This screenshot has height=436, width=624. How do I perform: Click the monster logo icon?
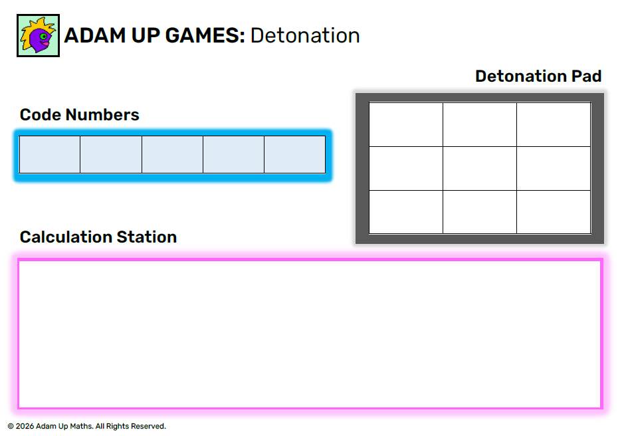click(38, 36)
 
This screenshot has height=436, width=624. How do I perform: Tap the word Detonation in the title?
click(305, 36)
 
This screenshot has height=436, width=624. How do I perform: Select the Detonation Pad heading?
click(538, 76)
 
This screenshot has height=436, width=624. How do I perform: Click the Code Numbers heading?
click(79, 115)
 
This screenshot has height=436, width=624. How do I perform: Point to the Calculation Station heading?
click(98, 237)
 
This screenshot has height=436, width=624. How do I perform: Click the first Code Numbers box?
click(50, 154)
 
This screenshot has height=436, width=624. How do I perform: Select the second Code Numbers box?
click(111, 154)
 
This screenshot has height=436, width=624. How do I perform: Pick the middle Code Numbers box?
click(172, 154)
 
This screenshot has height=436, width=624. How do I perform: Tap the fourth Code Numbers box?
click(233, 154)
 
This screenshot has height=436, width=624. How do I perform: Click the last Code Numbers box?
click(294, 154)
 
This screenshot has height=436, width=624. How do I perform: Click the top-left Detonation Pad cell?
click(406, 124)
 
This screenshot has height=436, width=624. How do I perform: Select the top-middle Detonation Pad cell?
click(480, 124)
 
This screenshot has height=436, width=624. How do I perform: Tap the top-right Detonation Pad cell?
click(554, 124)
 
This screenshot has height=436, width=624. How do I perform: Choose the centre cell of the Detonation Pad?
click(480, 168)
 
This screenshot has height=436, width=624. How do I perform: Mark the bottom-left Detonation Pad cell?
click(406, 212)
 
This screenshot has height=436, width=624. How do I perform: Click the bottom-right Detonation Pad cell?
click(554, 212)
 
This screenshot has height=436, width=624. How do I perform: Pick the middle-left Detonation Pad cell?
click(406, 168)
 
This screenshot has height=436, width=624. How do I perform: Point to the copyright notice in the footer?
click(87, 426)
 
